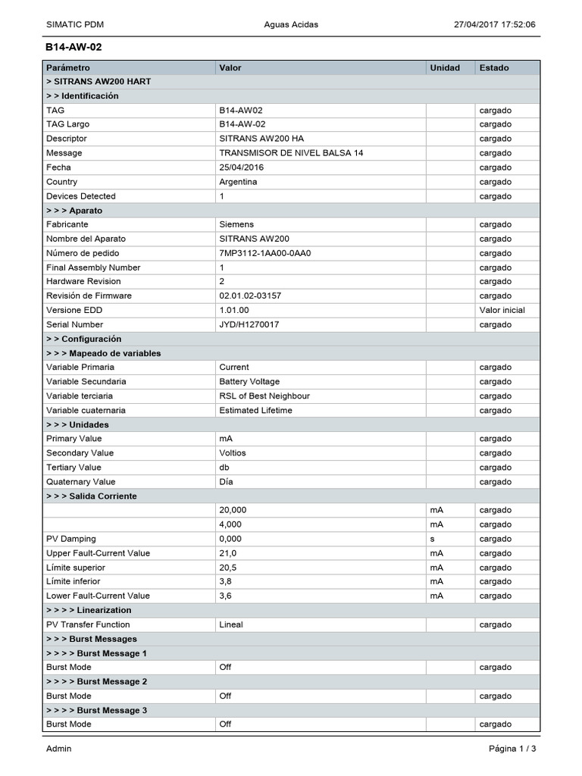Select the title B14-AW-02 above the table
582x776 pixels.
[x=74, y=47]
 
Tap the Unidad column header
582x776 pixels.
[x=445, y=67]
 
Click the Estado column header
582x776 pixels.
[x=494, y=67]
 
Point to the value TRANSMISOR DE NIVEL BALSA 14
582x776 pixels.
[x=291, y=153]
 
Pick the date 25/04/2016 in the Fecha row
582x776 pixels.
[x=240, y=167]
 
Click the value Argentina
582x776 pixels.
[x=238, y=182]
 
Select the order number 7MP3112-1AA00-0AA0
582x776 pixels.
[x=265, y=253]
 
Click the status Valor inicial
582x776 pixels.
[x=502, y=310]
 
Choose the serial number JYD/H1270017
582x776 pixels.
[x=249, y=324]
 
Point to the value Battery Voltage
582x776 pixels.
[x=249, y=382]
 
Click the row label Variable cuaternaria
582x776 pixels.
[x=86, y=410]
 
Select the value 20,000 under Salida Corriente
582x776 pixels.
[x=233, y=510]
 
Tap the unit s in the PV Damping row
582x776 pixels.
[x=432, y=539]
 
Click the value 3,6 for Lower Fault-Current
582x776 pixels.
[x=226, y=596]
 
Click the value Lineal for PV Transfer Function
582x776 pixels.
[x=231, y=624]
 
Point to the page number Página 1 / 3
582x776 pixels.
[x=512, y=749]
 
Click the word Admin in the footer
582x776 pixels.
[x=59, y=749]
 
